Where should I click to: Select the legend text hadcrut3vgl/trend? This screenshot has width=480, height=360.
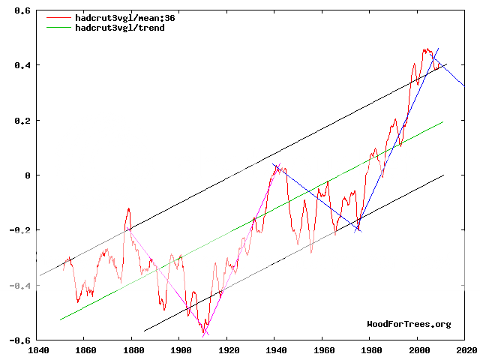(x=120, y=27)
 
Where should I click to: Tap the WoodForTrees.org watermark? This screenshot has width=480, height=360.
(x=409, y=324)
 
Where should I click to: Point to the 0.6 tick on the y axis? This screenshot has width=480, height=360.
(x=22, y=10)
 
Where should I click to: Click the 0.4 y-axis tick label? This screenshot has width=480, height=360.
(x=22, y=65)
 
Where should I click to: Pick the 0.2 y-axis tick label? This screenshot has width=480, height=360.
(x=22, y=120)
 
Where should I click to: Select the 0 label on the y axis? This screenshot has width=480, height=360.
(x=28, y=175)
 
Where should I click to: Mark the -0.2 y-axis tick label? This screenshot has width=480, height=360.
(x=20, y=230)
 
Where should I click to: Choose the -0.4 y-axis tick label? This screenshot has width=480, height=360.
(x=20, y=285)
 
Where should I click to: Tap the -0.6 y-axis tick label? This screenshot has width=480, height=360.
(x=20, y=340)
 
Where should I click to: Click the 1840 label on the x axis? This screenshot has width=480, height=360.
(x=36, y=349)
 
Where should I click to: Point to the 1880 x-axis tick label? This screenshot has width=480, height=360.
(x=132, y=349)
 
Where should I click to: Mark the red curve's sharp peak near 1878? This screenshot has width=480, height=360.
(x=129, y=208)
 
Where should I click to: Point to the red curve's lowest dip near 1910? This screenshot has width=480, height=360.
(x=202, y=334)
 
